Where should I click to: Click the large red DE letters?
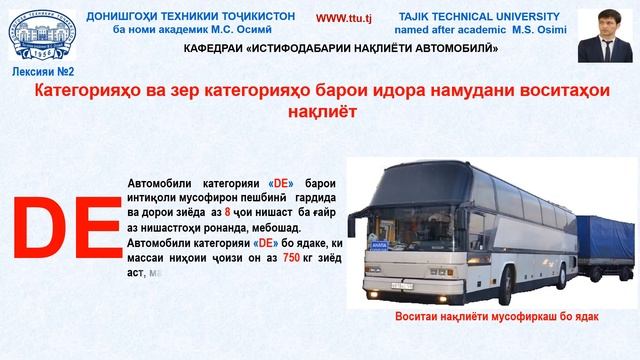click(66, 228)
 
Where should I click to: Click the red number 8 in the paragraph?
click(227, 213)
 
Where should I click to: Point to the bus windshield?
click(391, 210)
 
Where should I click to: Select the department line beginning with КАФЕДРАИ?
click(341, 48)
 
